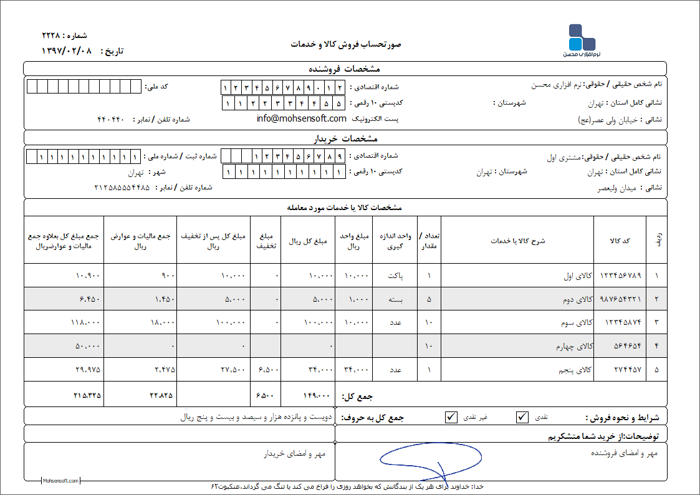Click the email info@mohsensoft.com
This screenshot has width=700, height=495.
coord(301,118)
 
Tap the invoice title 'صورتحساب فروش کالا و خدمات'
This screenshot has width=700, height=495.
coord(346,44)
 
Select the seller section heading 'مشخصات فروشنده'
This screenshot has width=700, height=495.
coord(345,69)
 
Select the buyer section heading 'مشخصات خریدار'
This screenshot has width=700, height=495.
coord(345,138)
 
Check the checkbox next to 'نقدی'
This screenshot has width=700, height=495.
coord(522,417)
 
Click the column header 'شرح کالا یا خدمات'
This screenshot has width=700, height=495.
coord(517,241)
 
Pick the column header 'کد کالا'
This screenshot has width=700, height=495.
coord(620,241)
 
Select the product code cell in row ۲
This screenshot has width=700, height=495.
coord(620,299)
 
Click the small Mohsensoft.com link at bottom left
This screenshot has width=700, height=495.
coord(60,481)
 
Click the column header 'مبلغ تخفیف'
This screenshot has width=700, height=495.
coord(266,241)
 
